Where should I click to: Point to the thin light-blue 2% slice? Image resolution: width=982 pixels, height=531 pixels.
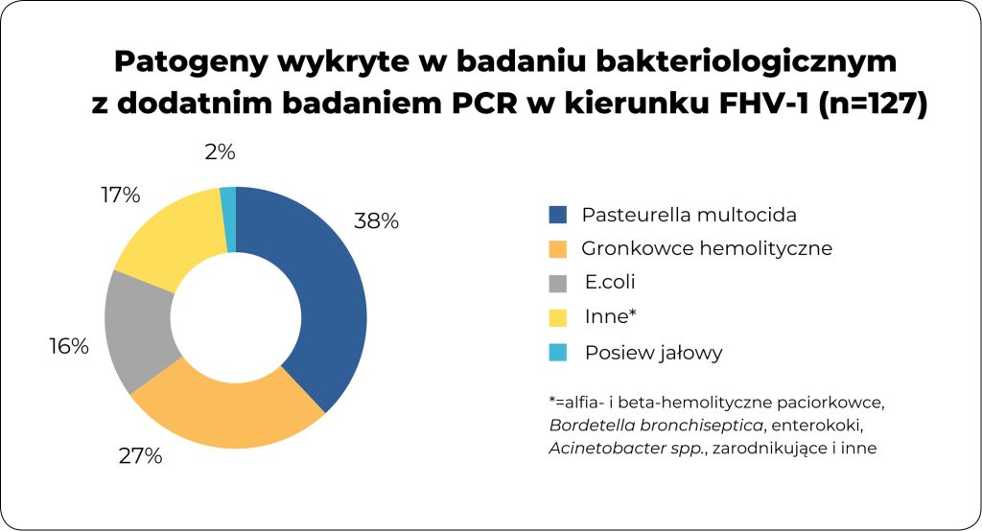pos(228,201)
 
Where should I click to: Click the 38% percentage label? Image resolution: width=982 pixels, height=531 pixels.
pos(376,221)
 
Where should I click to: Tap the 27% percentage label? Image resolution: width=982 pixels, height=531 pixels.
pos(140,456)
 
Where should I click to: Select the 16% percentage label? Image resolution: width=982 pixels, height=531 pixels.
pos(69,347)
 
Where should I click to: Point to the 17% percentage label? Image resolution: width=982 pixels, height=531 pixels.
pos(121,196)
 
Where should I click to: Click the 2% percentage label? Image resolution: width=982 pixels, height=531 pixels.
pos(220,152)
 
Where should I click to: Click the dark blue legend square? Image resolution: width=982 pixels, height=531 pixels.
pos(559,214)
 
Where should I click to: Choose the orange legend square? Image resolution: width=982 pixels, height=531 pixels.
pos(559,248)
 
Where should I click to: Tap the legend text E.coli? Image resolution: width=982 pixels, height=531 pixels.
pos(610,283)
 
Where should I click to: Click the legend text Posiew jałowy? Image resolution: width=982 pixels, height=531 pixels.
pos(652,353)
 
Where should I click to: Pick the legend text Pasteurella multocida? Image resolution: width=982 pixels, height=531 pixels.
pos(689,214)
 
